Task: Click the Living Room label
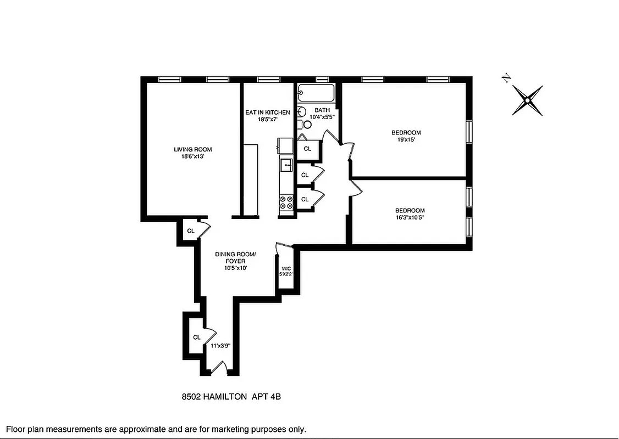coord(192,149)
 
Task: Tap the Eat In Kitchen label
coord(267,112)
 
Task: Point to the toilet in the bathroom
coord(306,125)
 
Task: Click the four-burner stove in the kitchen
coord(286,204)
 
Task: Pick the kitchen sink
coord(286,164)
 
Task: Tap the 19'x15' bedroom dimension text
coord(406,140)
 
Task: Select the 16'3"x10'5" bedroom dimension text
coord(410,218)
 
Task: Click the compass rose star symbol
coord(527,100)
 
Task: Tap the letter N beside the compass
coord(507,78)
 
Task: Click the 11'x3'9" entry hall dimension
coord(220,346)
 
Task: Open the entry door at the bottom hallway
coord(219,368)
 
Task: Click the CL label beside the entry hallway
coord(196,337)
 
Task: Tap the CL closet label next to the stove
coord(305,199)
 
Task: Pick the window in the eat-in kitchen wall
coord(268,80)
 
